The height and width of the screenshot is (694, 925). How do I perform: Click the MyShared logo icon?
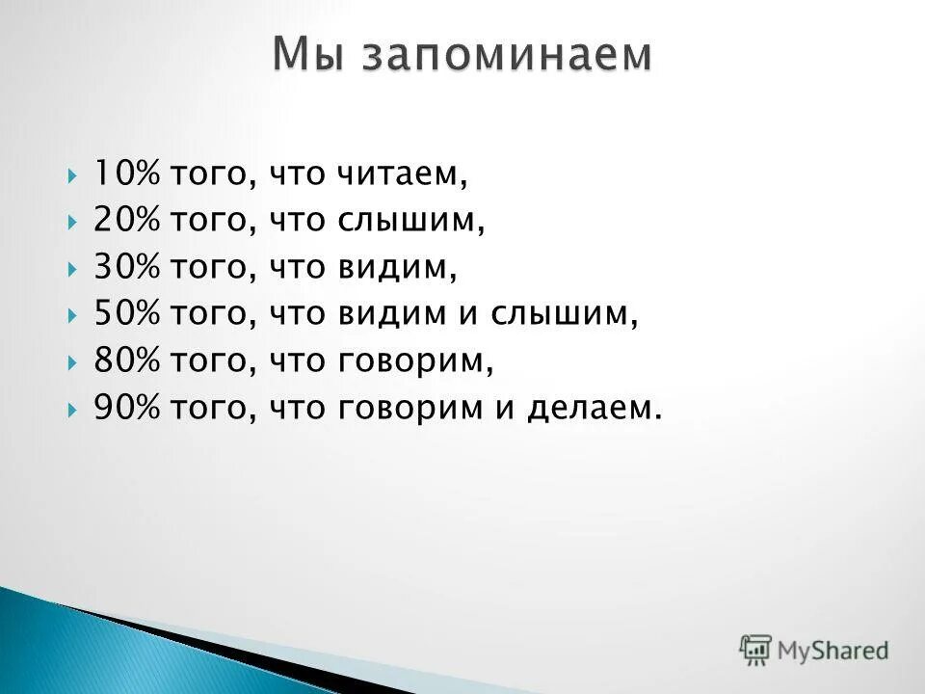(x=756, y=649)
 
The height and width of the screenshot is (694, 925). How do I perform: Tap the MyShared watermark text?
(x=833, y=650)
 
